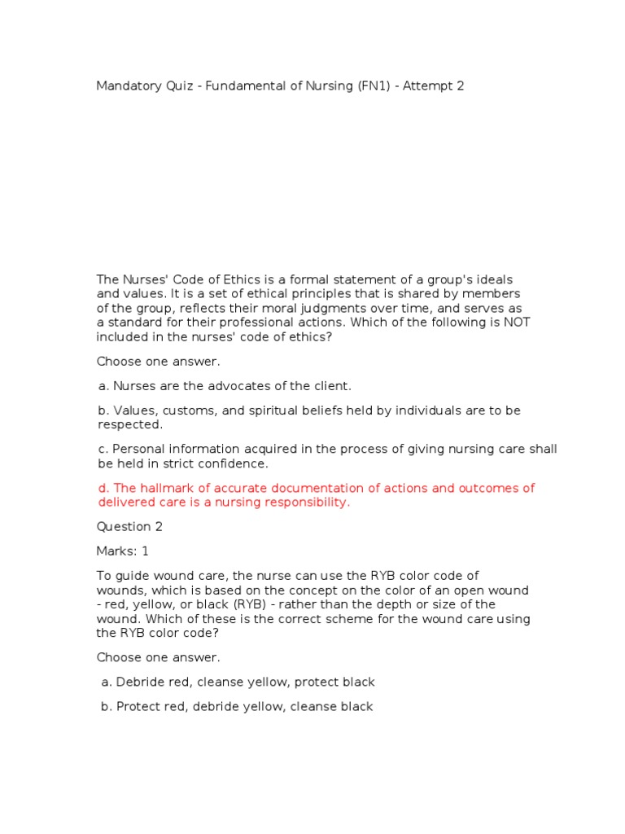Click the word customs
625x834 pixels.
186,410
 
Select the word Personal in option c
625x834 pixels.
138,449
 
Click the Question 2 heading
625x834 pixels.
125,527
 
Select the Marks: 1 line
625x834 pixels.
123,551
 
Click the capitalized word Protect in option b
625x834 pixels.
140,706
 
